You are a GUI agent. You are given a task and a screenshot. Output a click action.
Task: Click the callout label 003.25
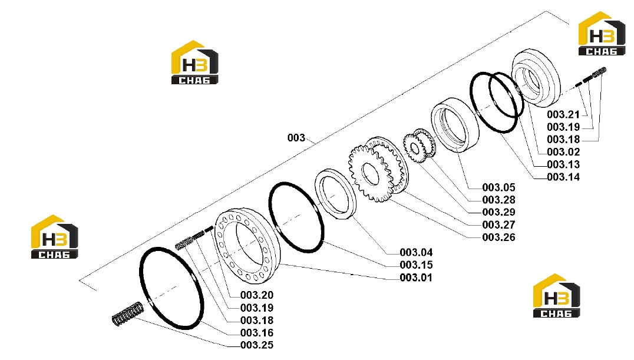point(257,345)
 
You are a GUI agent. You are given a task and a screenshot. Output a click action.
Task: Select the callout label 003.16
point(257,332)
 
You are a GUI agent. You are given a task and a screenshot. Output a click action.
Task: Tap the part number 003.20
point(257,295)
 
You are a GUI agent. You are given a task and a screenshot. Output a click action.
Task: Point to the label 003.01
point(416,278)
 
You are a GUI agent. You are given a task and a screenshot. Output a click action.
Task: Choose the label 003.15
point(416,265)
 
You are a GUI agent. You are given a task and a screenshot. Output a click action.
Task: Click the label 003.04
point(416,252)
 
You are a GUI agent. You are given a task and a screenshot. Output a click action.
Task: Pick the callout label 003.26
point(498,237)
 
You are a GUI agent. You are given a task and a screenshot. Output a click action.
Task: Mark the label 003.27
point(498,224)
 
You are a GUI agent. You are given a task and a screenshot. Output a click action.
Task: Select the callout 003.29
point(498,212)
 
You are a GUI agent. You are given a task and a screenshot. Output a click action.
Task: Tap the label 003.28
point(498,199)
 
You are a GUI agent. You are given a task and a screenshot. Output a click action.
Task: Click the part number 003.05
point(498,187)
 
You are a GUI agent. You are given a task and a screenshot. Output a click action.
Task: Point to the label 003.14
point(563,177)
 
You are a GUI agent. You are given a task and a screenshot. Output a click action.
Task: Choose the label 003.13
point(563,164)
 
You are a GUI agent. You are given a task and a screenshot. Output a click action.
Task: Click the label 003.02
point(563,151)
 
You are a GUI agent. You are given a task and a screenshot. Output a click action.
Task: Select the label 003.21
point(563,114)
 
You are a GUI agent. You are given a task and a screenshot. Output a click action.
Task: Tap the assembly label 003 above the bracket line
point(296,137)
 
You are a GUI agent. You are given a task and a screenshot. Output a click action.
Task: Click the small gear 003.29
point(414,147)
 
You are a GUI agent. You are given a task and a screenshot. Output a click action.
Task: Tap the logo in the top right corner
point(602,34)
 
